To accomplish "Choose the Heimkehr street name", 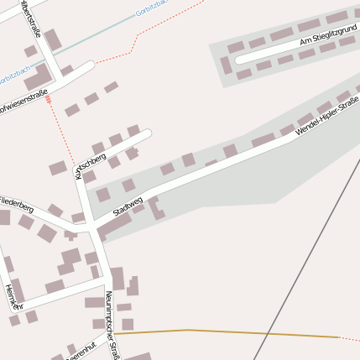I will [12, 297].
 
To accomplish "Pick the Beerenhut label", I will [80, 347].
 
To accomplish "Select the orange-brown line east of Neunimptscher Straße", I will [227, 332].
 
